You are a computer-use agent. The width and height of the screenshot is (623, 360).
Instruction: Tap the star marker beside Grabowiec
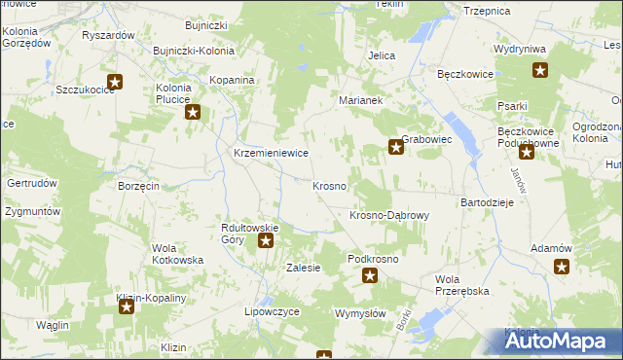click(x=396, y=148)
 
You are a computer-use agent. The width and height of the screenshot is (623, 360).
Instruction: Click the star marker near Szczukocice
click(x=115, y=83)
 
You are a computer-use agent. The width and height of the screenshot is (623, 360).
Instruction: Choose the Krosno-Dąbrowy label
click(x=388, y=215)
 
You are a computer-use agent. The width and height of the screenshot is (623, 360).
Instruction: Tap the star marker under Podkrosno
click(x=370, y=276)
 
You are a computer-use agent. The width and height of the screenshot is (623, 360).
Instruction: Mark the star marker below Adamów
click(x=561, y=267)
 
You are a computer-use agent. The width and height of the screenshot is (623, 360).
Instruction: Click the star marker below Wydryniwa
click(x=539, y=69)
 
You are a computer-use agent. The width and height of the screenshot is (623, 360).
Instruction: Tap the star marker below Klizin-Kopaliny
click(x=127, y=308)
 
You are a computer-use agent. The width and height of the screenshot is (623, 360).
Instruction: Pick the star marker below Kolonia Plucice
click(x=193, y=113)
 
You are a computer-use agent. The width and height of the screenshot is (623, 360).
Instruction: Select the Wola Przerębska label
click(x=460, y=284)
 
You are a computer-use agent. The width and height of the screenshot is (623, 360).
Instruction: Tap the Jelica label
click(x=381, y=55)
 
